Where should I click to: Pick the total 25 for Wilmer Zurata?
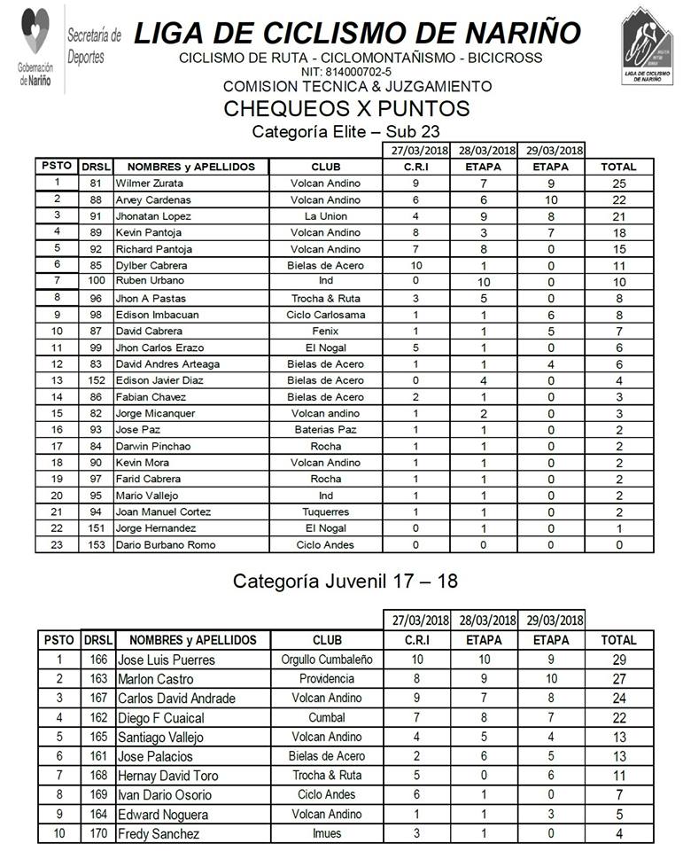pos(619,183)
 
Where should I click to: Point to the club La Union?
pos(326,216)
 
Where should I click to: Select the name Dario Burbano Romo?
pos(166,544)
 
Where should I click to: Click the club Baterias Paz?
pos(326,430)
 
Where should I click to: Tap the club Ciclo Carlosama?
pos(326,315)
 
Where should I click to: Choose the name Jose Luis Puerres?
pos(167,660)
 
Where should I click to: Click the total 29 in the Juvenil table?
pos(619,660)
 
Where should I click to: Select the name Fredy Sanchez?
pos(159,833)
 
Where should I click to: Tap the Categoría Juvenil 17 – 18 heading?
pos(345,582)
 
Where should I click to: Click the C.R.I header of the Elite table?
pos(415,166)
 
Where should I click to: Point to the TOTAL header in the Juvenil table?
pos(618,640)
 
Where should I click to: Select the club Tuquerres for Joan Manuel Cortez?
pos(326,511)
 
